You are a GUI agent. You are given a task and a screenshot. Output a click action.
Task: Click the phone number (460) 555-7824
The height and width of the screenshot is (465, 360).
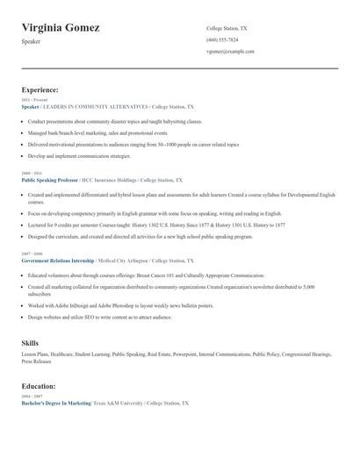click(x=222, y=39)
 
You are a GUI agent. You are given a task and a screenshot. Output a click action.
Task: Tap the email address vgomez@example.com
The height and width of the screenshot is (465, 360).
click(x=230, y=51)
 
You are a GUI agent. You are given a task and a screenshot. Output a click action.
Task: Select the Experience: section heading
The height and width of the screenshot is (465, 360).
click(x=40, y=89)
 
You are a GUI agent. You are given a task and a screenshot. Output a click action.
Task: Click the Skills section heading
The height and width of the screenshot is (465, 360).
click(x=30, y=341)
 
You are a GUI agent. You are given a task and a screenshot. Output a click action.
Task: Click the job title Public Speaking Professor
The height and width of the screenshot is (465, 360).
click(x=49, y=179)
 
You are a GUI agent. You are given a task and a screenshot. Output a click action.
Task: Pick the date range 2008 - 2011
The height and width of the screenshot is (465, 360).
click(x=31, y=173)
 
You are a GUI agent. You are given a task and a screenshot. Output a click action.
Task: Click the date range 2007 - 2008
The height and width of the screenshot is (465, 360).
click(x=31, y=254)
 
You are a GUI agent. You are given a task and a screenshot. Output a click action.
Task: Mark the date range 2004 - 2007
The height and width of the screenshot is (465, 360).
click(x=31, y=396)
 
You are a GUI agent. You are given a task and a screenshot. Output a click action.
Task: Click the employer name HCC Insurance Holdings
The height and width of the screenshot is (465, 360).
click(x=108, y=179)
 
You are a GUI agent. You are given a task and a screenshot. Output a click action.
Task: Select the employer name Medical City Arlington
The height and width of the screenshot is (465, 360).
click(x=122, y=261)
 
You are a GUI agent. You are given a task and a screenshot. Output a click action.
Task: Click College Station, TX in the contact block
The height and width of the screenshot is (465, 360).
click(x=227, y=28)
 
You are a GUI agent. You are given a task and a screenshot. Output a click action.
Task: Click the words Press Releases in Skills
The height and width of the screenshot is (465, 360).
click(x=37, y=361)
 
